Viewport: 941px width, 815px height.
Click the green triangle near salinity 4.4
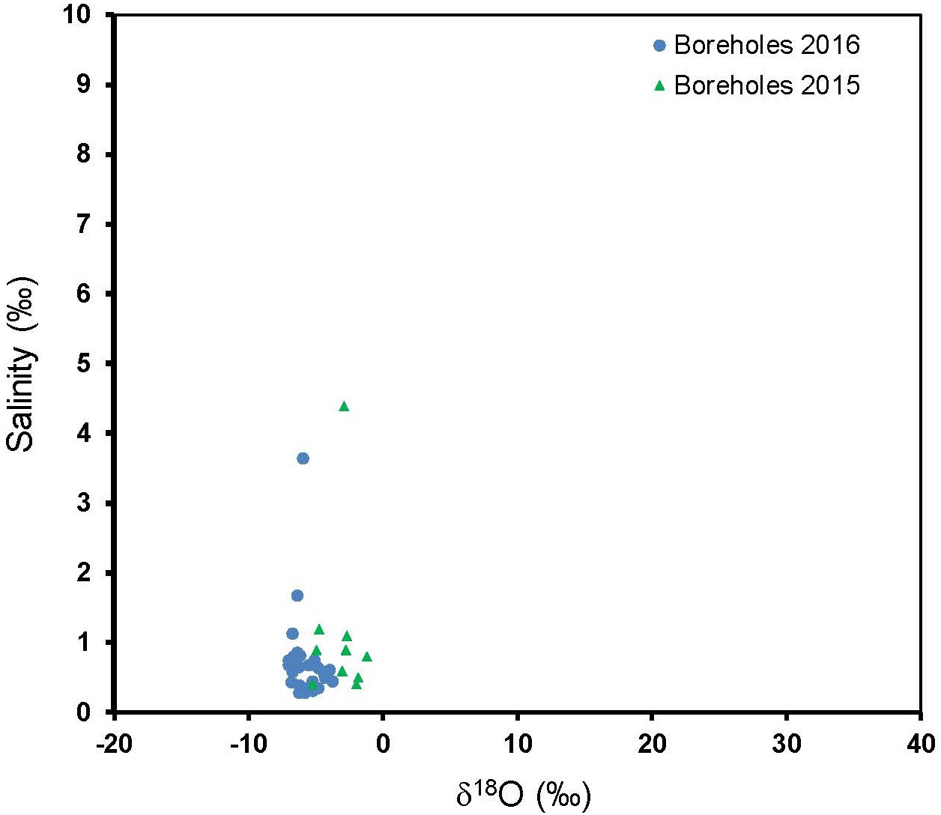pos(344,406)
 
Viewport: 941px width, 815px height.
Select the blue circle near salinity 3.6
pos(303,458)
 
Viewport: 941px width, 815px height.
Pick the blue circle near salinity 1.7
pos(297,596)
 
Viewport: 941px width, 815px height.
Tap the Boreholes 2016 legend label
pos(766,45)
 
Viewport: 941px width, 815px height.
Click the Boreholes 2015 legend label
pos(766,85)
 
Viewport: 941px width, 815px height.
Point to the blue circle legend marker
pos(659,46)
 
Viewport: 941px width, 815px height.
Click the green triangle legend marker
pos(659,85)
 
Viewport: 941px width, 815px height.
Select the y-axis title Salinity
pos(21,364)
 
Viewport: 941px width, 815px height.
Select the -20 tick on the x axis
pos(114,743)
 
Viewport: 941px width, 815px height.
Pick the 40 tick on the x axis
pos(921,743)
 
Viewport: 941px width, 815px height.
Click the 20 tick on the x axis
pos(652,743)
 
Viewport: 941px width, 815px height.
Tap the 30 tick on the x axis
pos(786,743)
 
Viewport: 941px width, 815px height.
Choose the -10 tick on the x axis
pos(248,743)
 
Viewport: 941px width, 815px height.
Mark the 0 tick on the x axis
pos(383,743)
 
